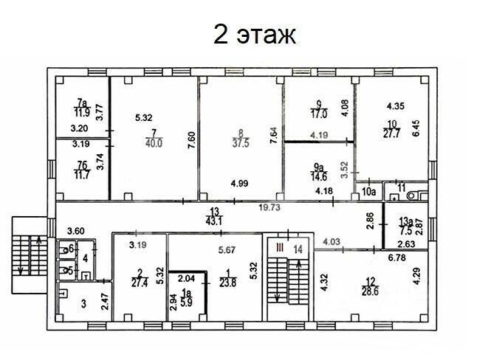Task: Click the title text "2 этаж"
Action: [254, 35]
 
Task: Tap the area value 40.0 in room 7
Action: [154, 144]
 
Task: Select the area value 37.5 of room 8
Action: [241, 143]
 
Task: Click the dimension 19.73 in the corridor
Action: [269, 207]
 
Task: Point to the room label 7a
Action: [82, 103]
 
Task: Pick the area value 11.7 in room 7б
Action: [82, 175]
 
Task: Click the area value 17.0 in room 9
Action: [319, 114]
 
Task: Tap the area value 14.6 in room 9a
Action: [319, 177]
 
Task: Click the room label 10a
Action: [368, 192]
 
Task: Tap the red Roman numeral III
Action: [280, 249]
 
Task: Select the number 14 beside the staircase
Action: [298, 249]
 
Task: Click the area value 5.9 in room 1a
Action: [186, 302]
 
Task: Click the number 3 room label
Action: [83, 304]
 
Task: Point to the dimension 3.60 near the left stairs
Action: [76, 231]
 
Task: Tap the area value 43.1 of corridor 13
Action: [214, 221]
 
